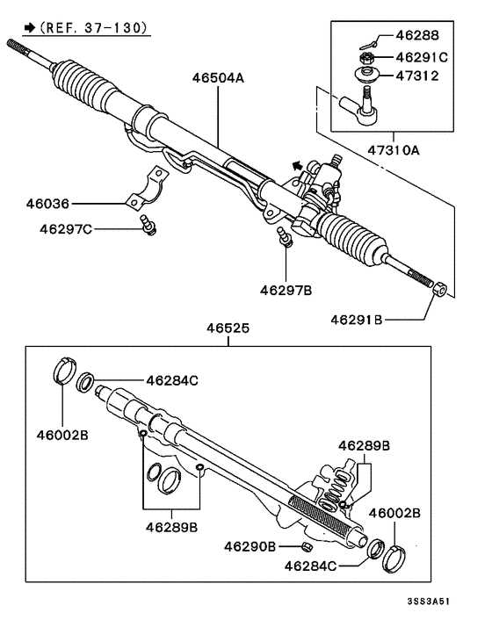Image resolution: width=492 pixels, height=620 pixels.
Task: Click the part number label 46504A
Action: pyautogui.click(x=218, y=78)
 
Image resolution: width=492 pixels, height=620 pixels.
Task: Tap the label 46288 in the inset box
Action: pyautogui.click(x=418, y=37)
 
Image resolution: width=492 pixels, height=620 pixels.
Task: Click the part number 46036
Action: pyautogui.click(x=47, y=203)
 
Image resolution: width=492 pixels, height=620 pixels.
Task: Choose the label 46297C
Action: pyautogui.click(x=65, y=229)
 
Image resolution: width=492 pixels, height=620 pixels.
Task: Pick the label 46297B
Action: pyautogui.click(x=286, y=287)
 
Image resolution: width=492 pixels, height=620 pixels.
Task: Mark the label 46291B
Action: pyautogui.click(x=358, y=320)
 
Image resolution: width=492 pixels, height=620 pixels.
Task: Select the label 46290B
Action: pyautogui.click(x=250, y=545)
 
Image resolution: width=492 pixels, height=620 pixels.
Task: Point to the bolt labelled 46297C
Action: pyautogui.click(x=148, y=227)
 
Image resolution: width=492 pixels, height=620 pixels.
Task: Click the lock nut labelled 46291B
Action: pyautogui.click(x=441, y=289)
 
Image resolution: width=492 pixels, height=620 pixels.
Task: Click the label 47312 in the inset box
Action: pyautogui.click(x=418, y=76)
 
